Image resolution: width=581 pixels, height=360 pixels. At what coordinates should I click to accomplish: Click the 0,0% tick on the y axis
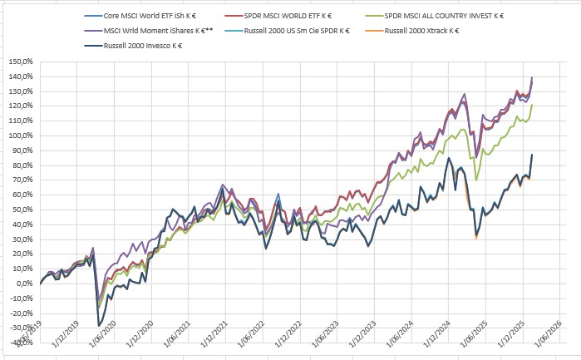tap(22, 284)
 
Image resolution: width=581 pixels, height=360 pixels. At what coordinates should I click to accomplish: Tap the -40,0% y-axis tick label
tap(21, 343)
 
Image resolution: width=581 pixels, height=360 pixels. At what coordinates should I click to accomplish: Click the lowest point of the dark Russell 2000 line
tap(99, 325)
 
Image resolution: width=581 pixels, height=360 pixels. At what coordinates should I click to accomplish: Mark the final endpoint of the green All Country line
tap(532, 105)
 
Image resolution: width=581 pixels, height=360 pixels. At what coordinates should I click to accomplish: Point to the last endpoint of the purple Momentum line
tap(532, 77)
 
